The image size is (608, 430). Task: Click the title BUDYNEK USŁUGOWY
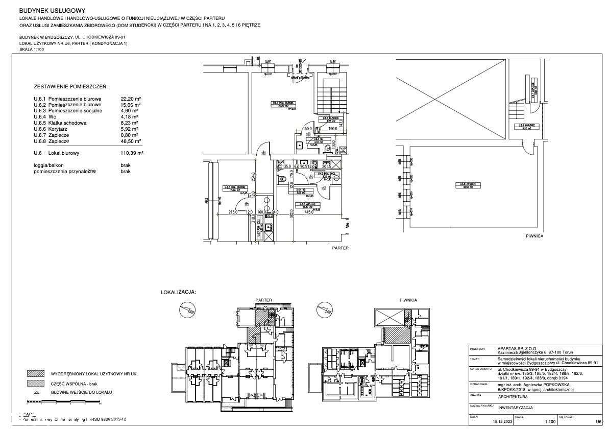[52, 10]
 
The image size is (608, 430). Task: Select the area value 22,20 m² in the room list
[131, 99]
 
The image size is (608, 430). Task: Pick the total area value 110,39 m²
[132, 153]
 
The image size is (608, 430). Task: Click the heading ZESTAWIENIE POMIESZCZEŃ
[71, 87]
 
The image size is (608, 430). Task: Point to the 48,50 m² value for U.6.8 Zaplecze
[131, 141]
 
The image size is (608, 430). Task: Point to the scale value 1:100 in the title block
[550, 422]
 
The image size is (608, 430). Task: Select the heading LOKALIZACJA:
[178, 293]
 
